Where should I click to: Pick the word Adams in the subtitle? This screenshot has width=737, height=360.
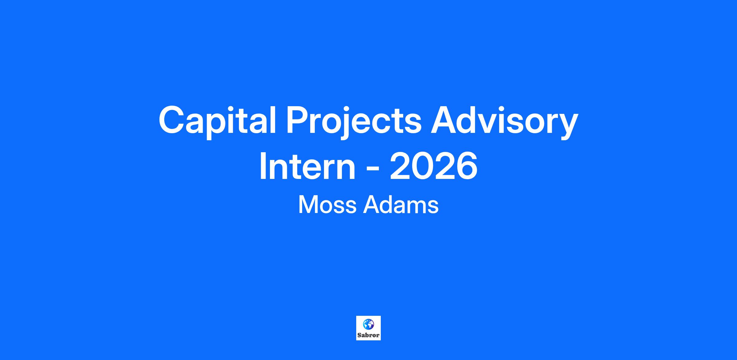(401, 205)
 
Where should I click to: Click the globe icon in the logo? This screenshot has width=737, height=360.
(368, 324)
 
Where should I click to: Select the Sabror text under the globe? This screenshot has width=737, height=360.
(368, 335)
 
